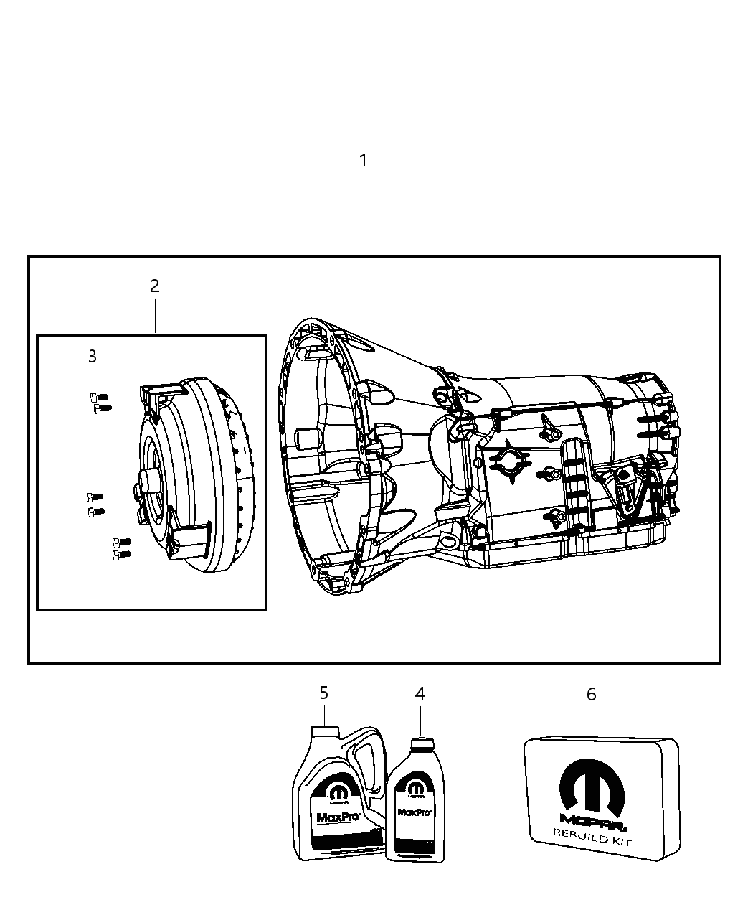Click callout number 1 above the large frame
(x=364, y=161)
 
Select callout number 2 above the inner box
(x=154, y=286)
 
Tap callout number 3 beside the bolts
(x=93, y=356)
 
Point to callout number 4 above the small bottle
(x=420, y=693)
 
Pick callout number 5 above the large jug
(x=324, y=693)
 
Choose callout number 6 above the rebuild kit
(x=592, y=694)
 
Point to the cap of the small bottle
(x=420, y=743)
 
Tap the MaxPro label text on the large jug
(x=329, y=817)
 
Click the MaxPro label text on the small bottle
(x=414, y=813)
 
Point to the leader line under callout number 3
(x=93, y=378)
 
